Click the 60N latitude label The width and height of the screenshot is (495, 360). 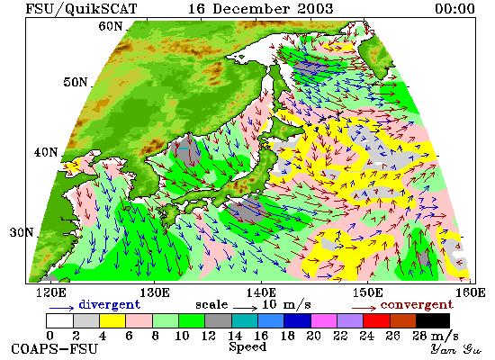coord(110,26)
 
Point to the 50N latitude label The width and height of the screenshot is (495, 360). coord(75,82)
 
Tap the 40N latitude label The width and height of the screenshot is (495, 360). coord(46,152)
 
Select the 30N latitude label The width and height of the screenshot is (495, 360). coord(22,232)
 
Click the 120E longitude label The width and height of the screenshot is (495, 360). coord(51,292)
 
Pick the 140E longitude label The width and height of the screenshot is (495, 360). coord(261,292)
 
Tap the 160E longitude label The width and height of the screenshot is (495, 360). coord(471,292)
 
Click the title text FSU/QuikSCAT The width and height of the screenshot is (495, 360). coord(81,8)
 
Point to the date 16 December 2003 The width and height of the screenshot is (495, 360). coord(260,8)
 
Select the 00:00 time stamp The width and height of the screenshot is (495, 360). coord(454,8)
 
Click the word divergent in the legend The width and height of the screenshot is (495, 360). coord(109,304)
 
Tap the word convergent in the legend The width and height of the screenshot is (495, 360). coord(417,305)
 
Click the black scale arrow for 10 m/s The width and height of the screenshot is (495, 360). coord(246,308)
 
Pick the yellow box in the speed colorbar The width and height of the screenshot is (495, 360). coord(112,320)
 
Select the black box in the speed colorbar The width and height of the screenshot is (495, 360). coord(433,320)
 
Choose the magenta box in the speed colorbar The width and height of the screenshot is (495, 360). coord(324,320)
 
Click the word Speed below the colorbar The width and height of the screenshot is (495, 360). coord(247,346)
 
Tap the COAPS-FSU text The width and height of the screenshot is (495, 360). coord(54,349)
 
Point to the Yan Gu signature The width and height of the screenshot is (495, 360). coord(456,349)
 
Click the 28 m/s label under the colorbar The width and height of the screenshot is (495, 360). coord(436,336)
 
